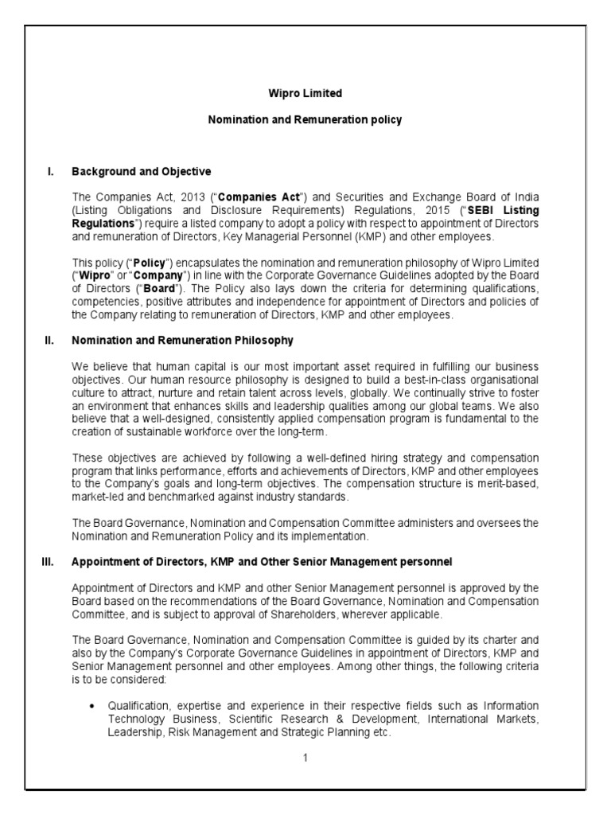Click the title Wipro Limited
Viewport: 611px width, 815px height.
[x=305, y=93]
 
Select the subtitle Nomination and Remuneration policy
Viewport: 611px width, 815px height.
[x=305, y=120]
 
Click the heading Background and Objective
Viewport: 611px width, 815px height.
[x=141, y=171]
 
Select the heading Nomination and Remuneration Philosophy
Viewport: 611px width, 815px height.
[x=182, y=340]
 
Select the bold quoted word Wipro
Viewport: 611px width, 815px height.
[x=91, y=276]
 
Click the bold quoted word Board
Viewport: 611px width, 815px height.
[x=172, y=289]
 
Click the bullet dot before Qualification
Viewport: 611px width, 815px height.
[x=94, y=705]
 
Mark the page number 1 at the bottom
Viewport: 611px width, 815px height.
[x=305, y=757]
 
